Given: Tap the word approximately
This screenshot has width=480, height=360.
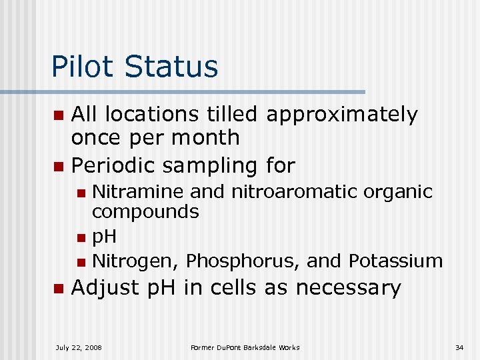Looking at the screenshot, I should pyautogui.click(x=341, y=116).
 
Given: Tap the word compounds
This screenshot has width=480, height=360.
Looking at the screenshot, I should pyautogui.click(x=145, y=213).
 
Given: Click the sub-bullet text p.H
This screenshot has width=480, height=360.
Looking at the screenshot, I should pyautogui.click(x=104, y=237).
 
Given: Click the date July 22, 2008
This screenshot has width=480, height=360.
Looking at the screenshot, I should pyautogui.click(x=79, y=347).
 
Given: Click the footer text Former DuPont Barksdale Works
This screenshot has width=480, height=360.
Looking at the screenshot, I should pyautogui.click(x=245, y=347).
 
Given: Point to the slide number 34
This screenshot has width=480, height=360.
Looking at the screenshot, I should pyautogui.click(x=459, y=347).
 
